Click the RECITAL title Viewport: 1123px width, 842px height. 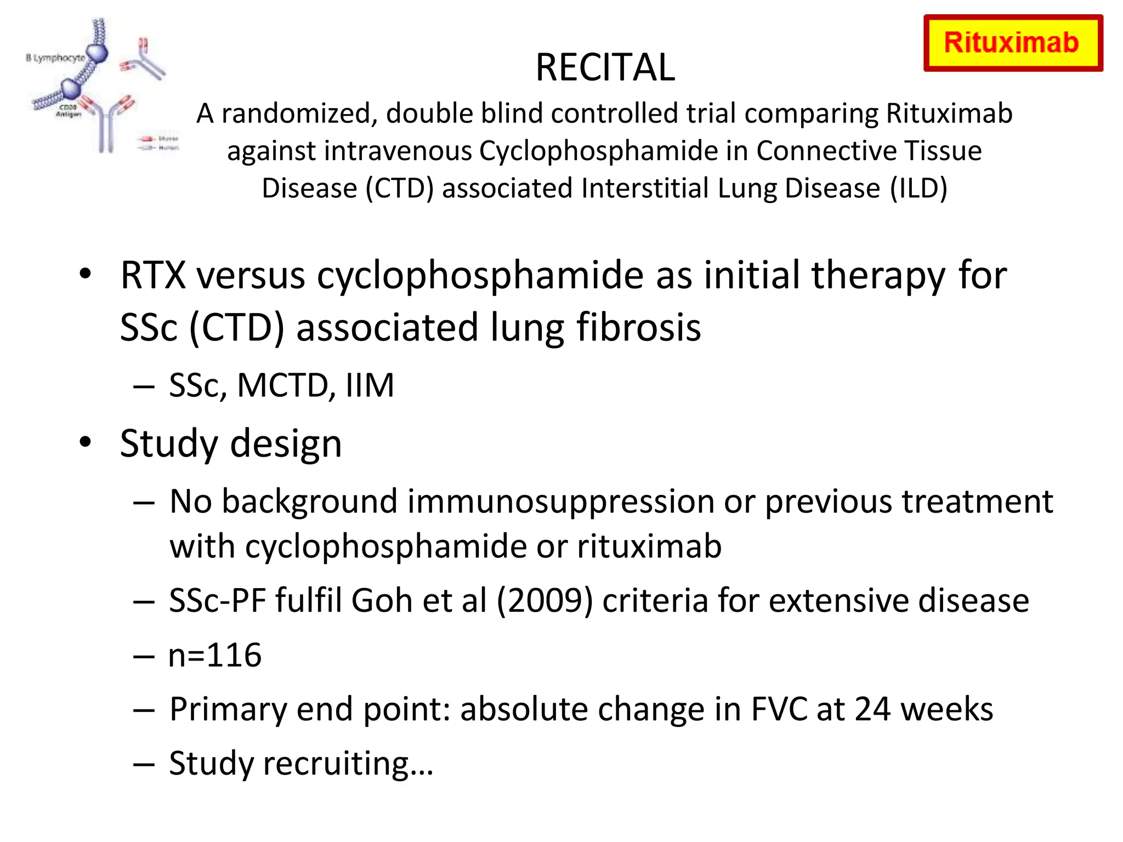tap(605, 67)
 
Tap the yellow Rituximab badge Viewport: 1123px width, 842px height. tap(1013, 43)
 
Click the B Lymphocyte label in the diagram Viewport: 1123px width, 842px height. tap(55, 58)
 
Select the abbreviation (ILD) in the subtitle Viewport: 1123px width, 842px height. tap(918, 188)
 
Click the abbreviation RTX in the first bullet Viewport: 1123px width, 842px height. tap(153, 275)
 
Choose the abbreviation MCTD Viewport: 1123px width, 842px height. tap(282, 385)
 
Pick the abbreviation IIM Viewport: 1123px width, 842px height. tap(370, 385)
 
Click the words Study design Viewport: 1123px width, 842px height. tap(231, 443)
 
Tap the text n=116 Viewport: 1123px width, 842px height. tap(215, 655)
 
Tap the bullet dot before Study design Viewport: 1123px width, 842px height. tap(85, 442)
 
